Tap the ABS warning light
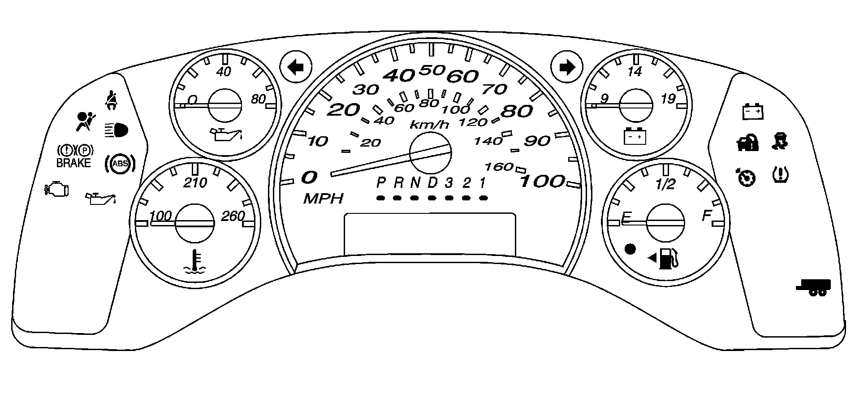(x=120, y=164)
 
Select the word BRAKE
(x=73, y=163)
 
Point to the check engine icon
(x=57, y=189)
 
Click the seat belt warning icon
(x=110, y=100)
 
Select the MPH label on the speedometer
(x=323, y=199)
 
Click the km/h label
(x=429, y=125)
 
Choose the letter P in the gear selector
(x=381, y=183)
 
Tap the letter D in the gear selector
(x=432, y=183)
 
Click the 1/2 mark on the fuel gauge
(x=665, y=184)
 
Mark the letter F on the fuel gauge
(x=707, y=216)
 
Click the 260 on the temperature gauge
(x=233, y=216)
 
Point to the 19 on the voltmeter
(x=668, y=99)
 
